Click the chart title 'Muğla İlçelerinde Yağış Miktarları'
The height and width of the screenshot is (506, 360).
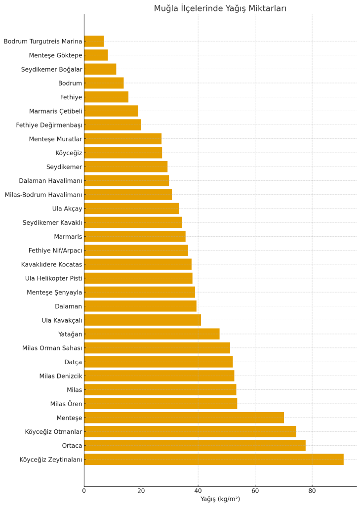coord(220,8)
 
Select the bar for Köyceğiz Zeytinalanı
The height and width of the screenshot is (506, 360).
coord(213,460)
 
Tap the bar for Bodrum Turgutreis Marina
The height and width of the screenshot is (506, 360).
coord(94,42)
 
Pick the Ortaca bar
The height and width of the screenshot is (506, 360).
coord(195,446)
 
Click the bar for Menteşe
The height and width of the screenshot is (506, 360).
coord(184,418)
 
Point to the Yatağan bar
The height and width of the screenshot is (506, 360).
coord(152,334)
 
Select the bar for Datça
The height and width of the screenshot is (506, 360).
coord(158,362)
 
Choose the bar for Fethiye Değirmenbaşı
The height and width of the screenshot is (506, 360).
coord(112,125)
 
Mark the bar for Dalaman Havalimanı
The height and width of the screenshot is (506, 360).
coord(126,181)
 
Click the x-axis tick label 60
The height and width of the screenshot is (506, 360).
coord(255,491)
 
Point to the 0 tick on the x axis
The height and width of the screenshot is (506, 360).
coord(84,491)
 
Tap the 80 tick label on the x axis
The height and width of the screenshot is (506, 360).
coord(312,491)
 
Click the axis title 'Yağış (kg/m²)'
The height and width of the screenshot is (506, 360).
coord(220,499)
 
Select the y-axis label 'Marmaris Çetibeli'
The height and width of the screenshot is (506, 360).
coord(55,111)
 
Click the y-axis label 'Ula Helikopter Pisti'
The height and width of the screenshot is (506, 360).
coord(53,279)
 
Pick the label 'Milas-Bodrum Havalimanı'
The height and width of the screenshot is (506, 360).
coord(43,195)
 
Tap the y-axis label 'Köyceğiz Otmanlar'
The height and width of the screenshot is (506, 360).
coord(53,432)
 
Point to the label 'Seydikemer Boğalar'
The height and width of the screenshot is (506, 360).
coord(51,70)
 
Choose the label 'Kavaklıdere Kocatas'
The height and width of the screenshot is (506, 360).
coord(51,265)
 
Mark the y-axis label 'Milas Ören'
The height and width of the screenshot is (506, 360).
coord(66,404)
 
